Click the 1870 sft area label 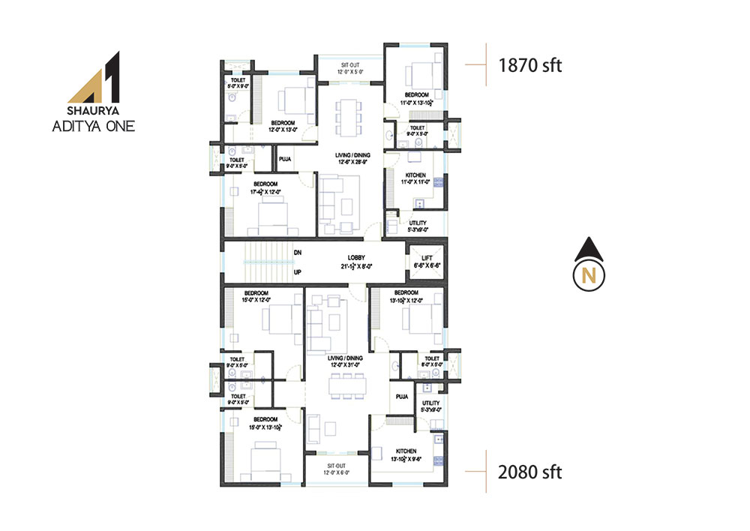[529, 65]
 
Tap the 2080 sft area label [529, 472]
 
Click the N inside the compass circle [589, 275]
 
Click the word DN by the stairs [298, 253]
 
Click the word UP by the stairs [298, 272]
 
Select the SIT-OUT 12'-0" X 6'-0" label [335, 467]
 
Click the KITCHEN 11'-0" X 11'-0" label [415, 178]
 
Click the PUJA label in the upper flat [285, 159]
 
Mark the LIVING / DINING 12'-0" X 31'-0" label [345, 361]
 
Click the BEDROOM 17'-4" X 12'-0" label [267, 187]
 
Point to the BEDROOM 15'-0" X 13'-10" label [265, 422]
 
